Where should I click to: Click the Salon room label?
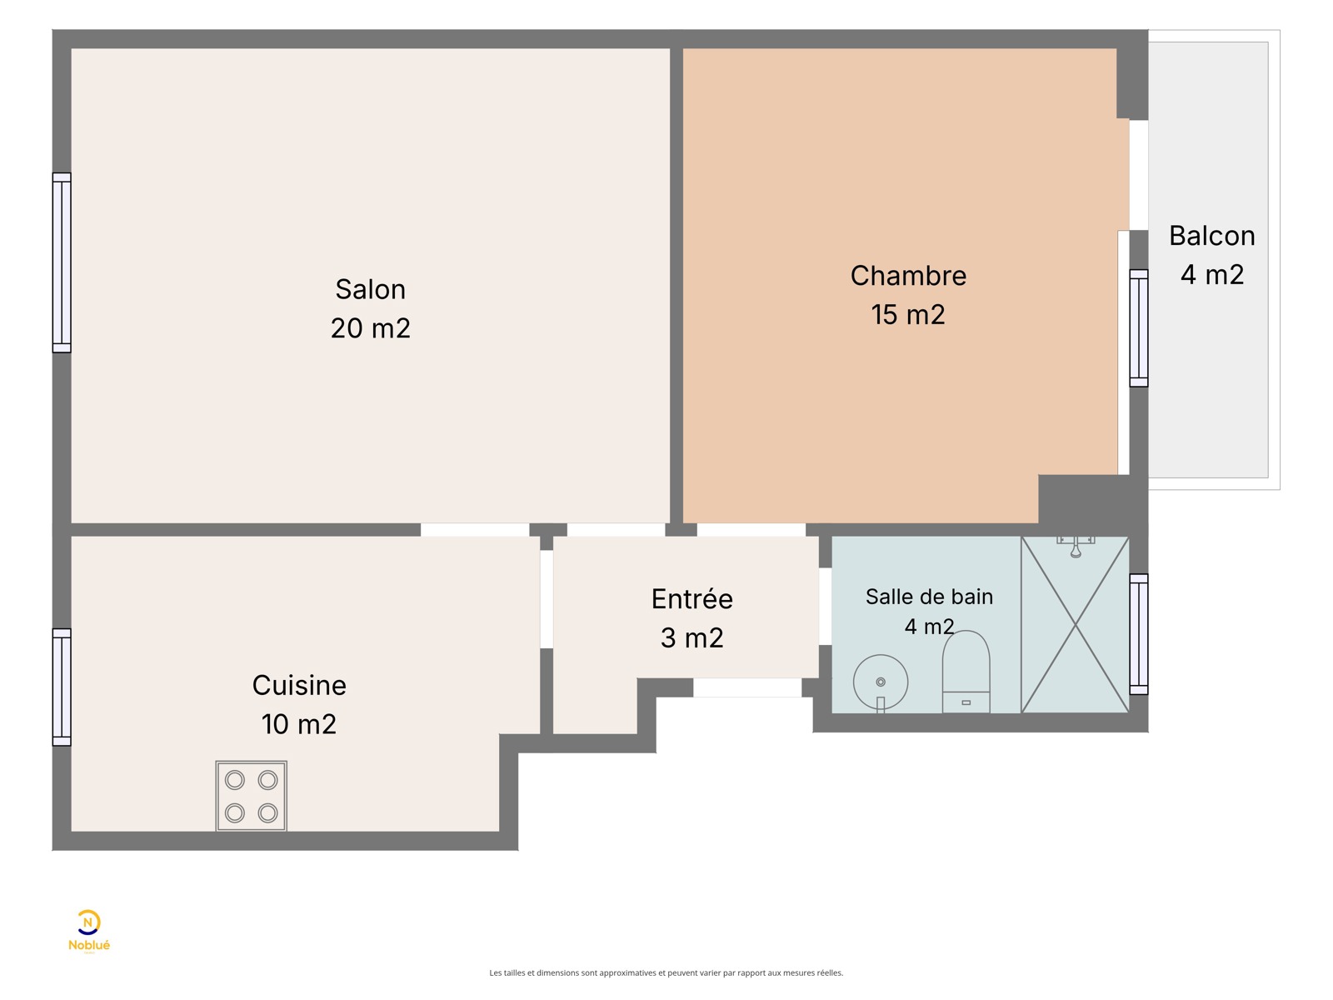370,289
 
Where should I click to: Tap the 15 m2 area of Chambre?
907,314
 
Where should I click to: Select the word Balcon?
1211,236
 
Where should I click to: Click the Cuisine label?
299,686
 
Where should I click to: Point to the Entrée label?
691,598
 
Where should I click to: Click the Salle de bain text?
929,597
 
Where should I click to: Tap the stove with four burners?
251,796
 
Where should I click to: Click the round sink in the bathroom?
880,682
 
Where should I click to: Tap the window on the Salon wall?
62,262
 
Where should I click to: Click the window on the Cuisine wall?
62,687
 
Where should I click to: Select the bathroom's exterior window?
1139,634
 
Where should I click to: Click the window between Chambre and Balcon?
1139,327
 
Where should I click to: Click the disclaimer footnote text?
666,972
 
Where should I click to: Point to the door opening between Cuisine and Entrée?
546,599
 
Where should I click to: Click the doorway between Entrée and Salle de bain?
825,606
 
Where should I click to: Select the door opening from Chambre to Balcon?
1138,176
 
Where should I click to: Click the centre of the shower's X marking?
1075,624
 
